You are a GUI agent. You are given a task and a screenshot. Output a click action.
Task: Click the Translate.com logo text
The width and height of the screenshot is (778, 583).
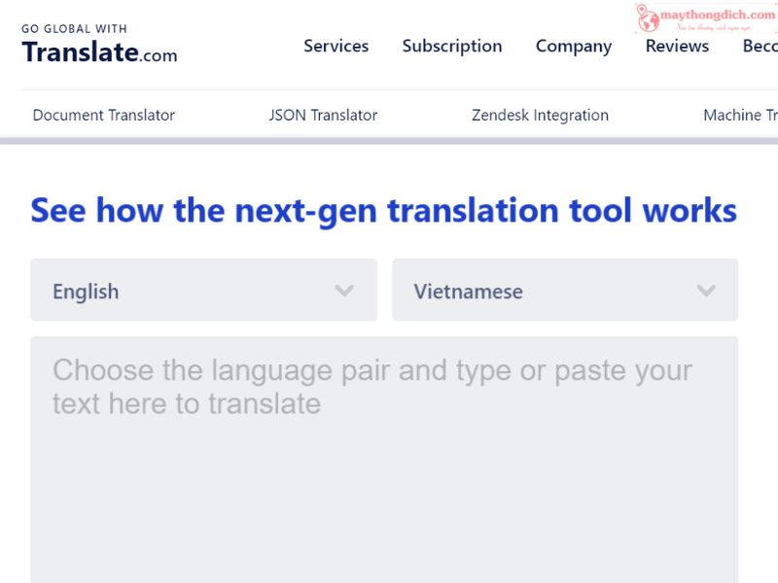99,52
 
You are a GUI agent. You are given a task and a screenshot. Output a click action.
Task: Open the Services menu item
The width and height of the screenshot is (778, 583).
336,46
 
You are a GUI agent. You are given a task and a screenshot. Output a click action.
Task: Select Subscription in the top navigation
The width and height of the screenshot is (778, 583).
452,46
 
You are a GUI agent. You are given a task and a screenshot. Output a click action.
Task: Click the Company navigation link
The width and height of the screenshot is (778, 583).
574,46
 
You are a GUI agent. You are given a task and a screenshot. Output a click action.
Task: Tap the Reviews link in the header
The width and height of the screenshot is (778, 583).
677,46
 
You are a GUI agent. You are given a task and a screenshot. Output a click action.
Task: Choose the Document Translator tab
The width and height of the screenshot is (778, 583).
104,115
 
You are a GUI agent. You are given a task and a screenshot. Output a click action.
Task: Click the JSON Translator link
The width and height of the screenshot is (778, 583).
323,115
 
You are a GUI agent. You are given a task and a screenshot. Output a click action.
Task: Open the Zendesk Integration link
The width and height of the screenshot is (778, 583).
540,115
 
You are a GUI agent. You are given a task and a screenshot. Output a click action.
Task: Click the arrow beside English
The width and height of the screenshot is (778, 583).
344,291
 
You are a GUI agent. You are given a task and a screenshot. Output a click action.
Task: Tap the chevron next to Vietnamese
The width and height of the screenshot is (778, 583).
707,291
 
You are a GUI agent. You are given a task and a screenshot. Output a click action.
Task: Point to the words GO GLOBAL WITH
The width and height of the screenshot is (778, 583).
74,29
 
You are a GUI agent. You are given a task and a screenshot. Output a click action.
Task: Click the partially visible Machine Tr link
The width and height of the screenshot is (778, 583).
739,115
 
